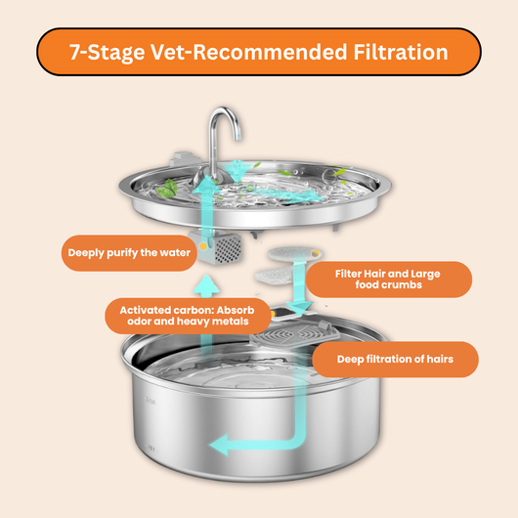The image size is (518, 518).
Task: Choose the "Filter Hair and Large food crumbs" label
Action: click(389, 280)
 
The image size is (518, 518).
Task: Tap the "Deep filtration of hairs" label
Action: click(395, 359)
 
